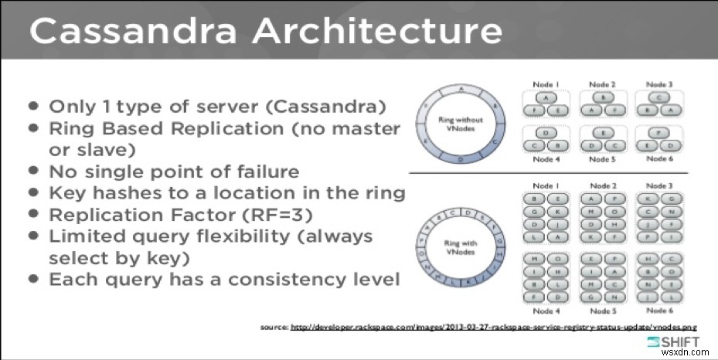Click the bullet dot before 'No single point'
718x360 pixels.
click(x=34, y=172)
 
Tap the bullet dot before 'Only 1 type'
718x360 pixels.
click(x=34, y=107)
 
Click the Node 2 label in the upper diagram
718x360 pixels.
click(x=601, y=84)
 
